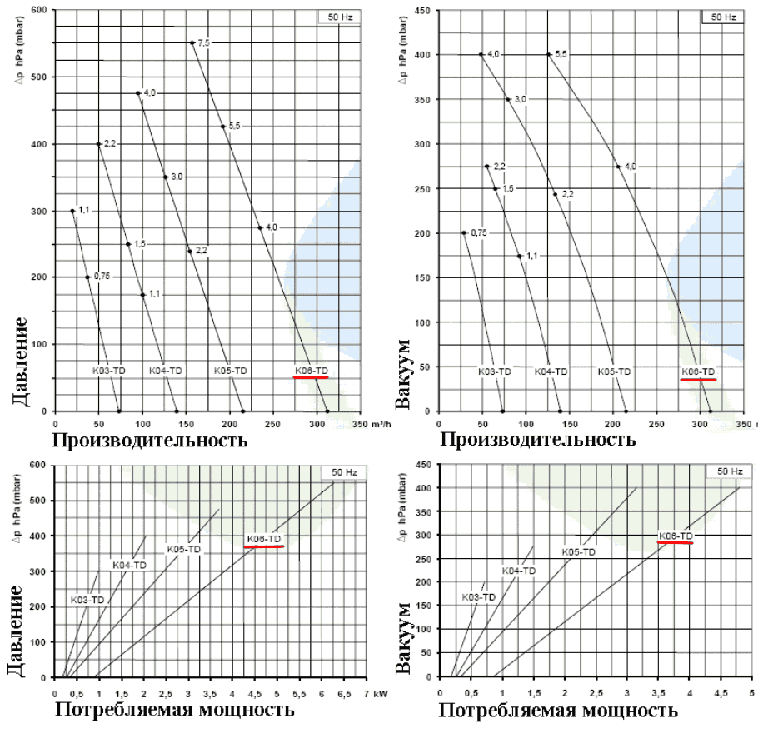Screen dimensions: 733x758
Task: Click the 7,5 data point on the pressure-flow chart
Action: pyautogui.click(x=192, y=42)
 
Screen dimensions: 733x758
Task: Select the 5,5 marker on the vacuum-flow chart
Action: pyautogui.click(x=548, y=54)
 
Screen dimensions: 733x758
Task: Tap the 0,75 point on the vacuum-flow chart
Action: pyautogui.click(x=464, y=232)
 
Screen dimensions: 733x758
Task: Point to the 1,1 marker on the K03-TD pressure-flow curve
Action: pyautogui.click(x=72, y=211)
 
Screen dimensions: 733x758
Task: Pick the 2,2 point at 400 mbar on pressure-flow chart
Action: pyautogui.click(x=98, y=143)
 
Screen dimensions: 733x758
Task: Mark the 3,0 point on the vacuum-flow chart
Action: pyautogui.click(x=507, y=99)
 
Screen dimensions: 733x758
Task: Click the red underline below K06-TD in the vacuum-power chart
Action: pyautogui.click(x=675, y=543)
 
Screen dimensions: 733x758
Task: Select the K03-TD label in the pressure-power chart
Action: pyautogui.click(x=86, y=600)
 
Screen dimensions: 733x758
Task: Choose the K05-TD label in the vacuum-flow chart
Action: pyautogui.click(x=614, y=371)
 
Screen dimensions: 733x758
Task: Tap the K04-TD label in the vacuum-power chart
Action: pyautogui.click(x=518, y=571)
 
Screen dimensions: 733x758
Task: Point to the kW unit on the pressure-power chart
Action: pyautogui.click(x=381, y=693)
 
